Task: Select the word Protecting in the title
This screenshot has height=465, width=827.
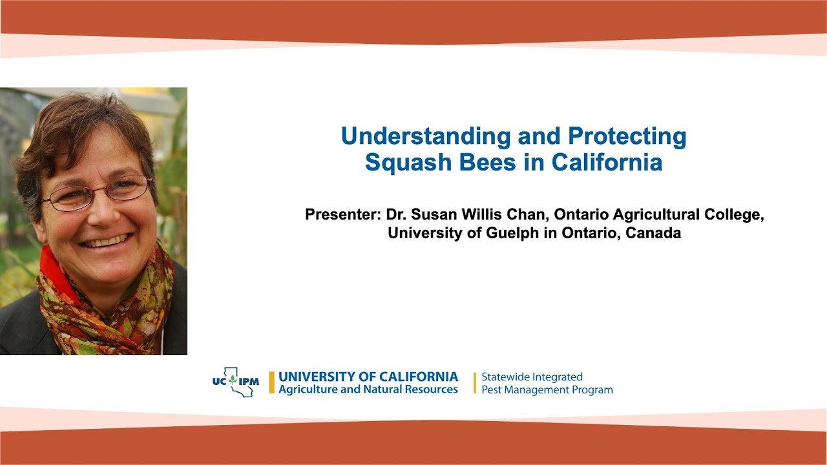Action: point(627,136)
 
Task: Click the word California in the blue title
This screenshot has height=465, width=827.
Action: point(607,163)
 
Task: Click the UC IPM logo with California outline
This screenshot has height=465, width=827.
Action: point(235,382)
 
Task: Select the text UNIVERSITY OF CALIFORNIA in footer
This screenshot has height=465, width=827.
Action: point(368,377)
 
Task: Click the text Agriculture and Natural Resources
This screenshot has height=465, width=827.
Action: point(368,389)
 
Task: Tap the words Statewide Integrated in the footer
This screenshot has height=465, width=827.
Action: point(532,377)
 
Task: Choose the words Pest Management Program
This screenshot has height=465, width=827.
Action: point(547,390)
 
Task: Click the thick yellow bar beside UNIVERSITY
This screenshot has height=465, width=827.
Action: point(272,382)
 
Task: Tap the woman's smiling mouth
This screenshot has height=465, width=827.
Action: point(107,242)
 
